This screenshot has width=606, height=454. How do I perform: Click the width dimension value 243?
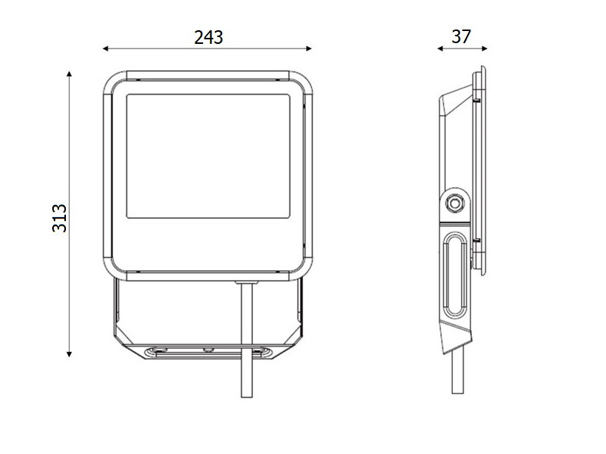point(208,37)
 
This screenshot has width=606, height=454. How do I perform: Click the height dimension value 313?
point(60,218)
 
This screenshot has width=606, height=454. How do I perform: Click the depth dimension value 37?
point(461,36)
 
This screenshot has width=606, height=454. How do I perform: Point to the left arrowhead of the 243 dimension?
point(105,48)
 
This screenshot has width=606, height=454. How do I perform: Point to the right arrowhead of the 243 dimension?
point(309,48)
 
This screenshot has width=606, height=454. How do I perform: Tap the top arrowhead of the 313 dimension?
point(69,73)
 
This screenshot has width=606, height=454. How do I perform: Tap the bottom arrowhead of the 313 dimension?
point(69,354)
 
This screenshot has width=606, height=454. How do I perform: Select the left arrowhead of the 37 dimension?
point(440,48)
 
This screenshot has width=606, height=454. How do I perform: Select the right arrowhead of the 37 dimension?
point(485,48)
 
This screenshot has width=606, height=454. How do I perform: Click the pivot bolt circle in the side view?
point(455,203)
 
